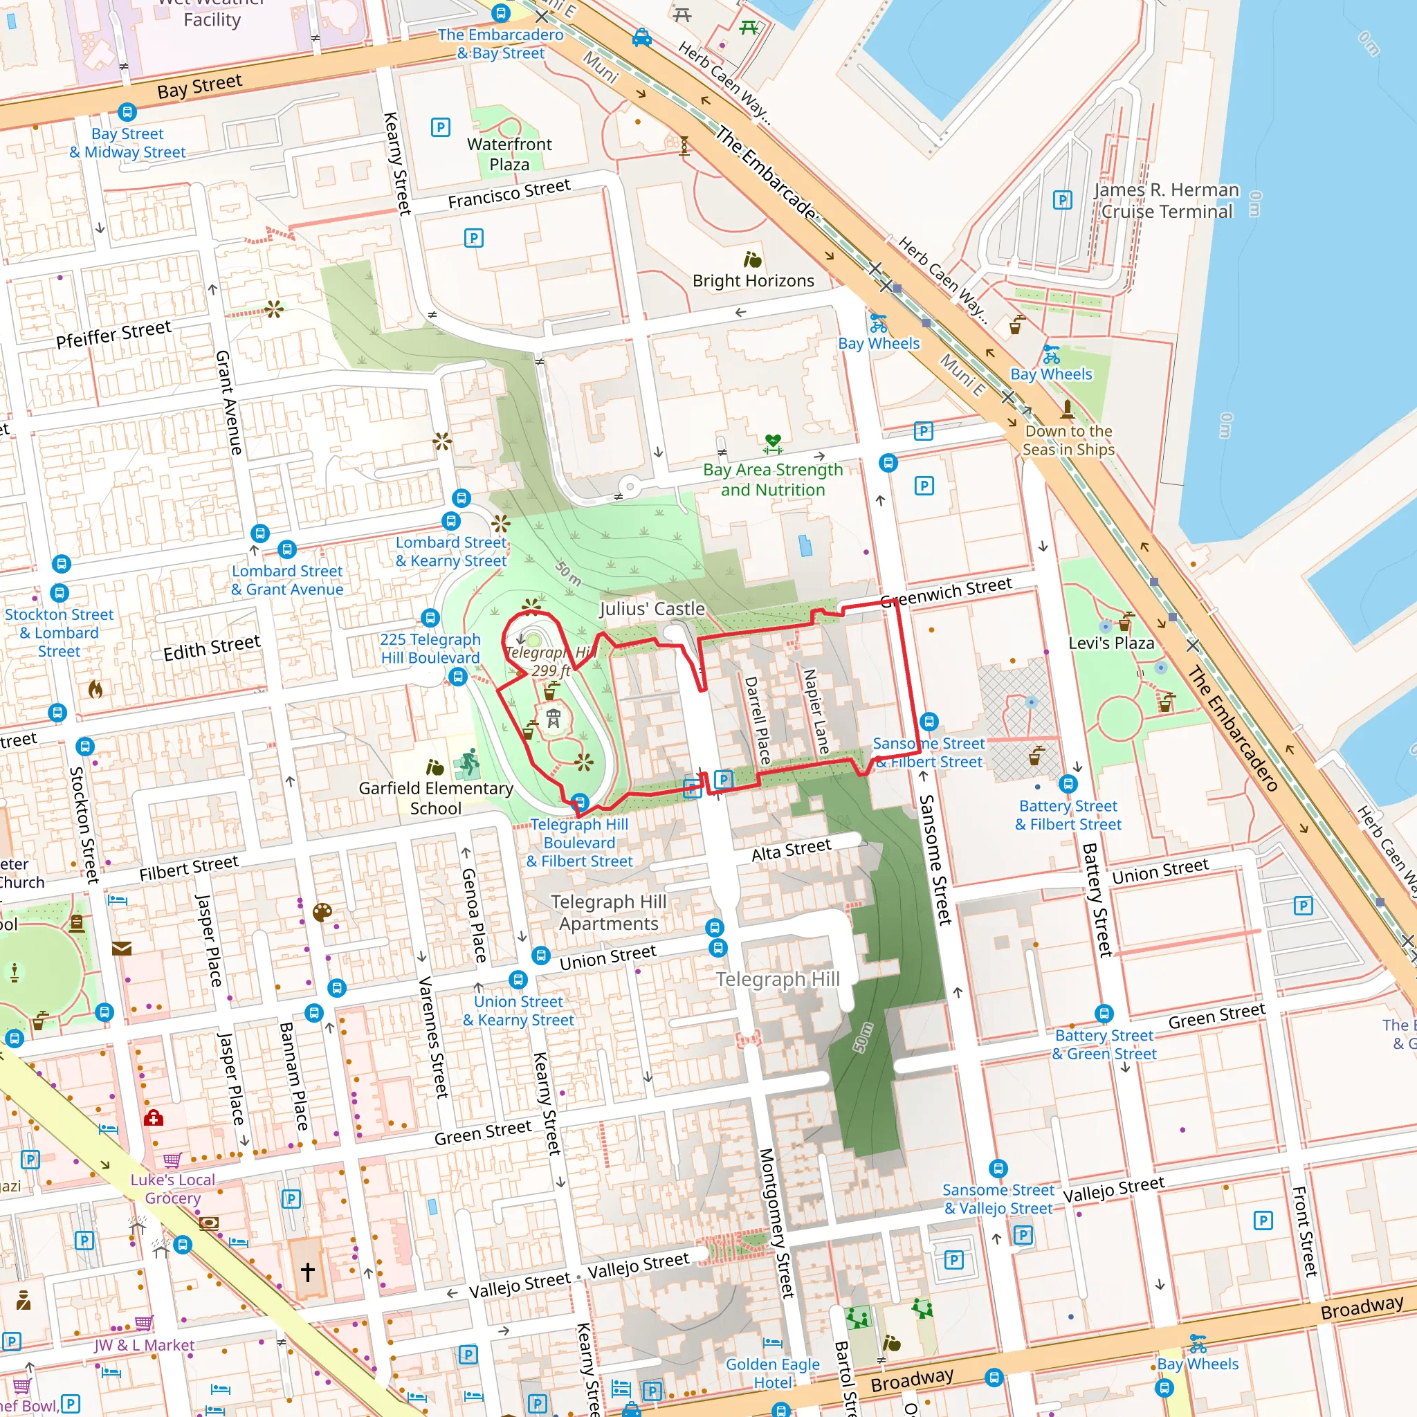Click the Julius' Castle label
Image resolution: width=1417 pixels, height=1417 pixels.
652,609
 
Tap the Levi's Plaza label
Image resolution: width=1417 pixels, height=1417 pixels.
1111,643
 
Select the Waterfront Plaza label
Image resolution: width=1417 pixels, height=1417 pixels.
509,154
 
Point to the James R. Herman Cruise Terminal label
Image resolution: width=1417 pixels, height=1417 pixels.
1166,201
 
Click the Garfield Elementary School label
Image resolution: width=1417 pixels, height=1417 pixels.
436,798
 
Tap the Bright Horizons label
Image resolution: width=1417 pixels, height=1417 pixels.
753,281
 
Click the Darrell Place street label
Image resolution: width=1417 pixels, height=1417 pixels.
757,720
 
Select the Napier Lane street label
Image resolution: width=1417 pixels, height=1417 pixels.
816,711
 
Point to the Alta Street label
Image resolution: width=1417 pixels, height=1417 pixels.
792,850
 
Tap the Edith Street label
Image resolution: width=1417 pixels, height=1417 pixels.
211,648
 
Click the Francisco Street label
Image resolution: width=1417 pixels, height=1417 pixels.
509,194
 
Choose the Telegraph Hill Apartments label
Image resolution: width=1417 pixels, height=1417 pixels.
609,913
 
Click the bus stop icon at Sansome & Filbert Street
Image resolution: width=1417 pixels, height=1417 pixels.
929,722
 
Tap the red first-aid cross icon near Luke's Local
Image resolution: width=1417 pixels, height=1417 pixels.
154,1118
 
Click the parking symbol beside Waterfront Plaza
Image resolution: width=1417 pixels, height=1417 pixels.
440,127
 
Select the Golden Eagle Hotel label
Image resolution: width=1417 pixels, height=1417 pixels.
772,1373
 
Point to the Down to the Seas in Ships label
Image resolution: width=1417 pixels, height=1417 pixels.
1068,440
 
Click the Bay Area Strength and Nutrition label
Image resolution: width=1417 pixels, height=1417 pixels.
773,479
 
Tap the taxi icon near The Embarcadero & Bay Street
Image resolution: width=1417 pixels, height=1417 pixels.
642,37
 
